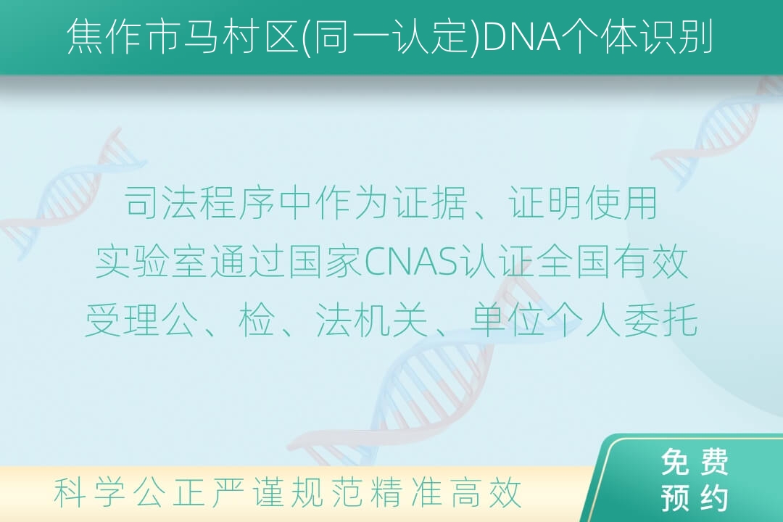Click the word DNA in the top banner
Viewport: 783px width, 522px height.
coord(523,37)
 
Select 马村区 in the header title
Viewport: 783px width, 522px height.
coord(241,37)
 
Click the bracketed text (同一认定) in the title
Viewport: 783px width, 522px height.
coord(391,37)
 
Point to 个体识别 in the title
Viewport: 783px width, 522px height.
coord(638,37)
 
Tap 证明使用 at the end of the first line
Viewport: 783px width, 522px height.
coord(583,203)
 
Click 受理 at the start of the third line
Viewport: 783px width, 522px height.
coord(123,320)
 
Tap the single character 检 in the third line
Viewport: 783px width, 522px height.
coord(257,320)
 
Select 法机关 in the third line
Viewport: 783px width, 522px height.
coord(372,320)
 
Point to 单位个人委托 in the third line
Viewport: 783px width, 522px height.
coord(584,320)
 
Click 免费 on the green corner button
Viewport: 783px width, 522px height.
coord(695,462)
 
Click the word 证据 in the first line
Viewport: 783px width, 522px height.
coord(429,203)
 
